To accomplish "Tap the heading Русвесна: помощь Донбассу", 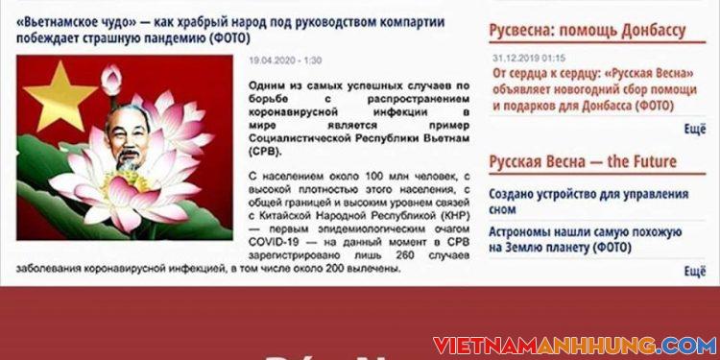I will tap(588, 30).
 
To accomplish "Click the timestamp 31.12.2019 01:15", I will tap(529, 58).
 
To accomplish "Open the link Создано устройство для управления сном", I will tap(588, 202).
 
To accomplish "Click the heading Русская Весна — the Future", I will tap(583, 161).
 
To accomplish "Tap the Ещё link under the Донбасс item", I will tap(694, 129).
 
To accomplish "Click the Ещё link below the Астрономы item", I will tap(694, 272).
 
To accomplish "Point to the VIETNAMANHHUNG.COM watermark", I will tap(574, 345).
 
